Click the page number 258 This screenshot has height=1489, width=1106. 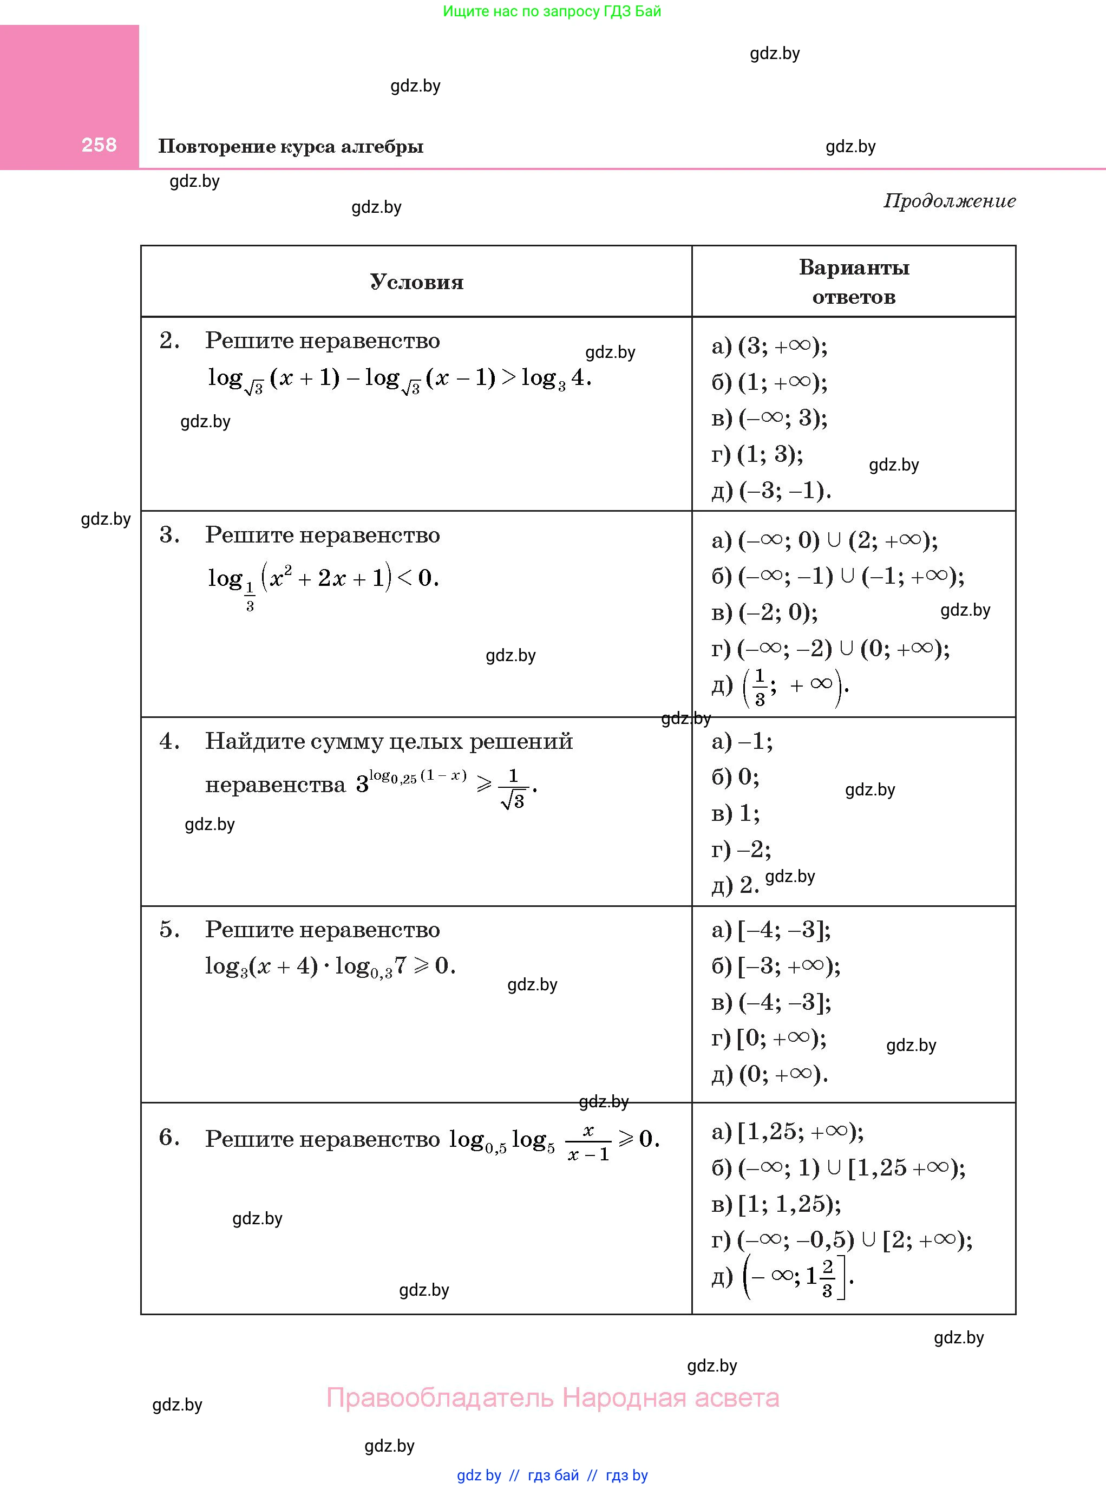[99, 145]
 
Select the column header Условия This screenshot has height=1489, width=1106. [416, 282]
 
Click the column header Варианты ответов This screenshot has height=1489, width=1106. [854, 282]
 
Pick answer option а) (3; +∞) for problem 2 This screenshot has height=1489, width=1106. [769, 346]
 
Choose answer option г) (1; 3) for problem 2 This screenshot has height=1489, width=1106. [757, 455]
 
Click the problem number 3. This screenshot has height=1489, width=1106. [169, 535]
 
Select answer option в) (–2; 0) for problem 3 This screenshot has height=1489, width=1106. [764, 612]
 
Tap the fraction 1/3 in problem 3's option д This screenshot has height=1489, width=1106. [759, 688]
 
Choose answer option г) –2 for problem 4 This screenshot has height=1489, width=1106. [741, 850]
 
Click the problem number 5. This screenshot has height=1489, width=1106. [169, 929]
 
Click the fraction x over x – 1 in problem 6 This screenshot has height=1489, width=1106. [588, 1142]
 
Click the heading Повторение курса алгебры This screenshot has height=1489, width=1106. [291, 147]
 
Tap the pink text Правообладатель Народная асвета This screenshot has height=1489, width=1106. [552, 1398]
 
